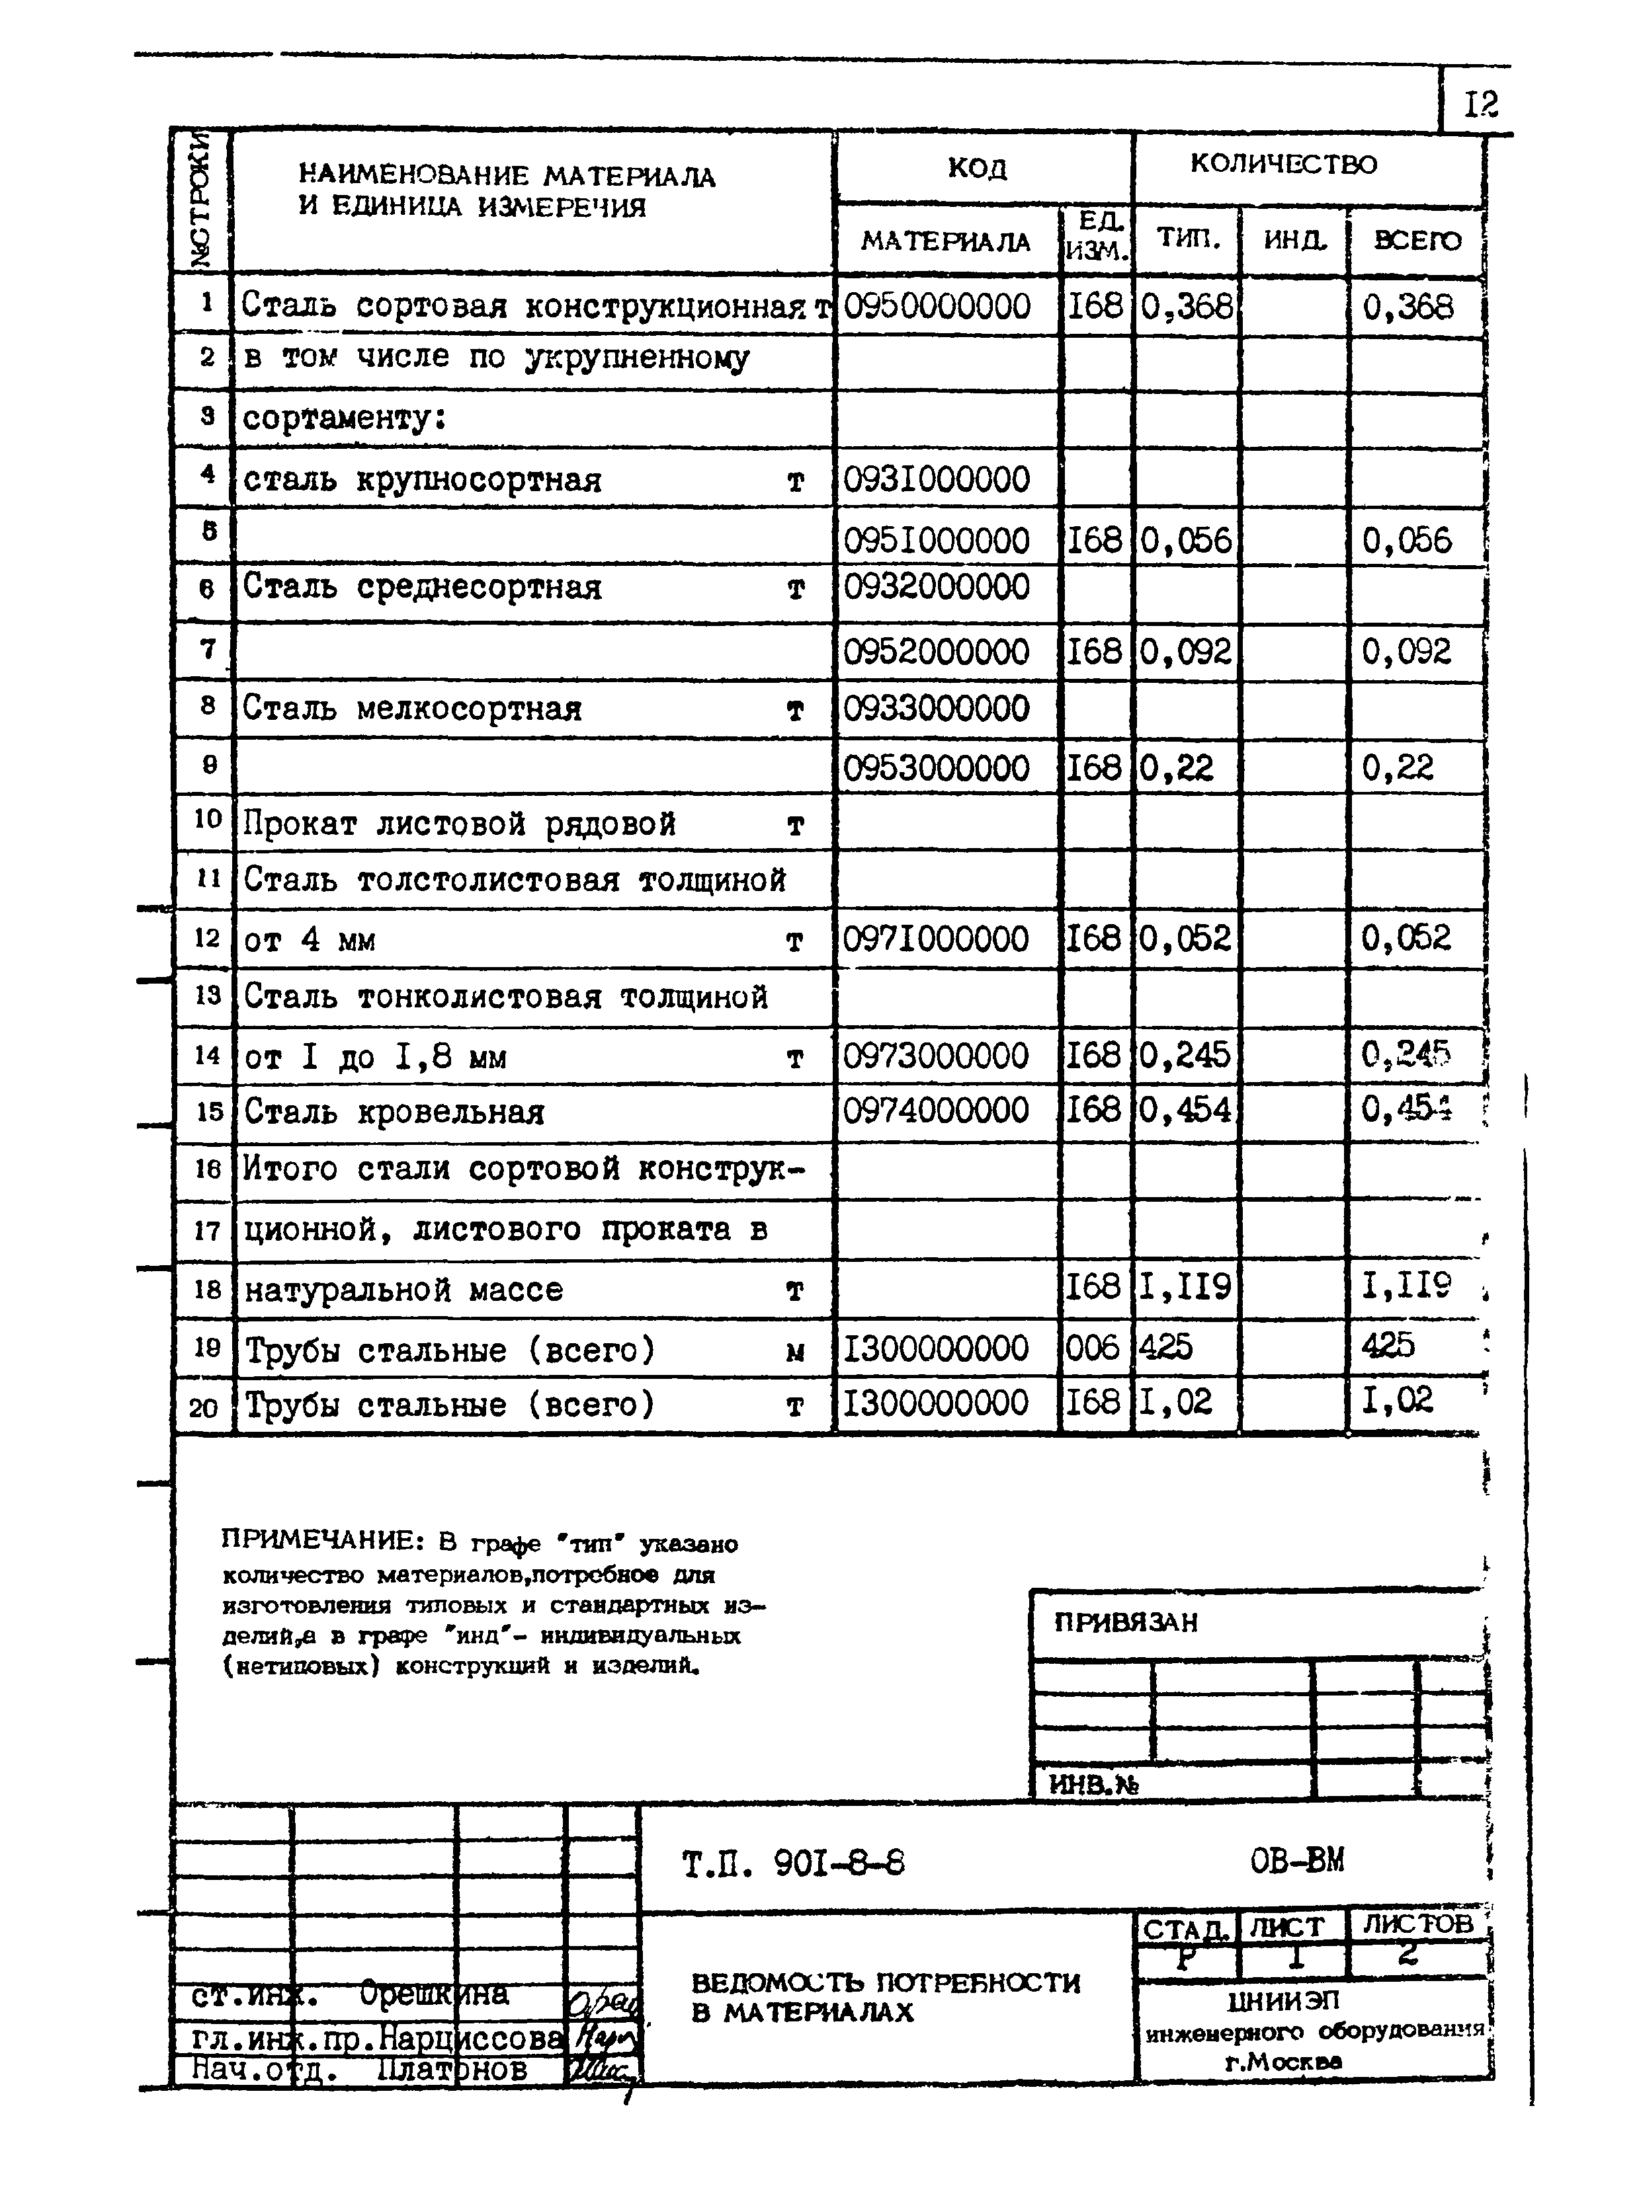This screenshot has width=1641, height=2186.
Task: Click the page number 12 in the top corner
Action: pos(1480,104)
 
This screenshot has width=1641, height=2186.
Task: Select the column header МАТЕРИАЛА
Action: pos(945,241)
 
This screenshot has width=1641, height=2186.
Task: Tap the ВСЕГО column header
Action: pos(1417,240)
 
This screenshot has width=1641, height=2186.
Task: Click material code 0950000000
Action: pos(936,306)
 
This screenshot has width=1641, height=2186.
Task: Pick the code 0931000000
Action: pos(936,481)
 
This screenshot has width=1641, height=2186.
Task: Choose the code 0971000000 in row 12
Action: pos(935,938)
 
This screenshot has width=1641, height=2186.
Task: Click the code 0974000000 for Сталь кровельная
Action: pos(935,1110)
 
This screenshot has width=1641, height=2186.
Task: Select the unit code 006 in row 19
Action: pos(1093,1348)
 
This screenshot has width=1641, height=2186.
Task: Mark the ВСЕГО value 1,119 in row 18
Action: pos(1407,1287)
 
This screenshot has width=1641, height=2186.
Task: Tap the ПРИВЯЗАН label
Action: pos(1125,1623)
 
